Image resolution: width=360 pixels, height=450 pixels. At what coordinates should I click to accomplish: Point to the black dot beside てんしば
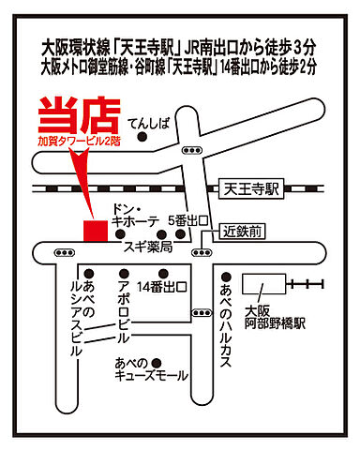click(x=142, y=138)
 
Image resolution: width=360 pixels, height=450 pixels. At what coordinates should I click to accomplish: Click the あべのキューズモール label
click(x=152, y=371)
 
